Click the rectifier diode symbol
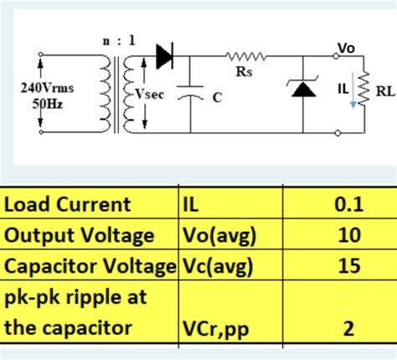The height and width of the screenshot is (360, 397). pyautogui.click(x=163, y=58)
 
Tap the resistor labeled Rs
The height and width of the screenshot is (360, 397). pyautogui.click(x=244, y=58)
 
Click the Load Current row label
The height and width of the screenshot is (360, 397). pyautogui.click(x=68, y=204)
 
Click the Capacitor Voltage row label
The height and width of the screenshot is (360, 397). pyautogui.click(x=90, y=266)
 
